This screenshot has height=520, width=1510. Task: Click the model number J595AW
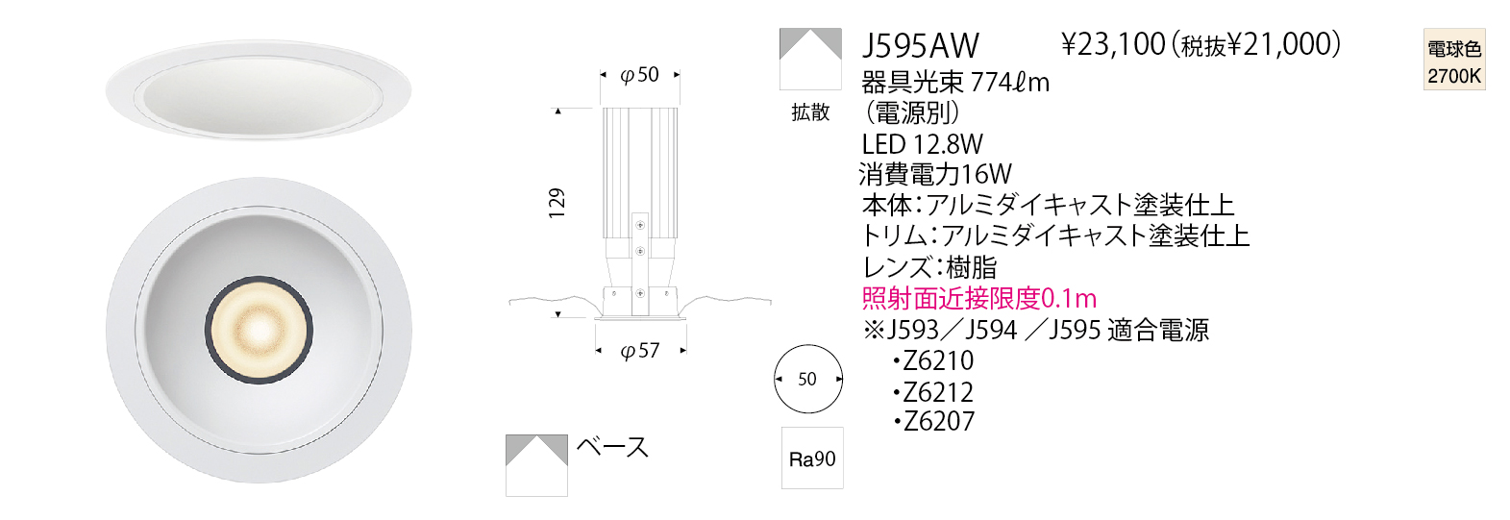pos(920,46)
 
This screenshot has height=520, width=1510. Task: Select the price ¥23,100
pos(1113,45)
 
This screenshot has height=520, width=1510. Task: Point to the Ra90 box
pos(812,458)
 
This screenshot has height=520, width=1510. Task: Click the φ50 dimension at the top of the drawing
pos(639,74)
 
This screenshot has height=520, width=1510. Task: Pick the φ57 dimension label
pos(639,351)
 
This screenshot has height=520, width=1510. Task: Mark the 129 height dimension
pos(557,203)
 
